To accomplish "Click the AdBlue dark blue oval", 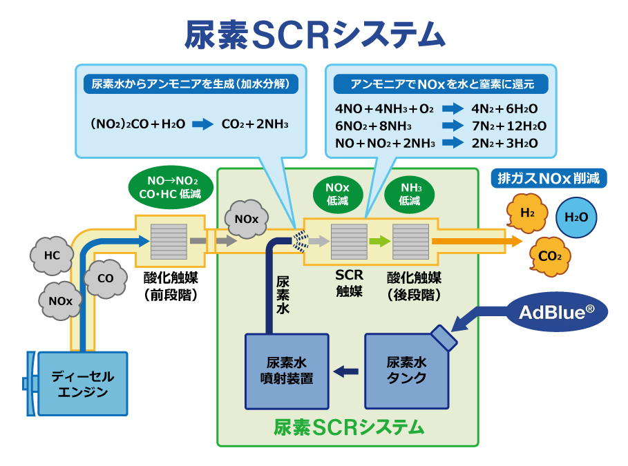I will coord(556,311).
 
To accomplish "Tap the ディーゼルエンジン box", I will coord(82,384).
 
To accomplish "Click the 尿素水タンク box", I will coord(406,371).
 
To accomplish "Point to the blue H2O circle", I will coord(576,217).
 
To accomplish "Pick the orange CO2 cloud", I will coord(549,257).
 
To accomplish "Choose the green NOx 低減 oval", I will coord(337,193).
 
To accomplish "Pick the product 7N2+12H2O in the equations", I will coord(508,126).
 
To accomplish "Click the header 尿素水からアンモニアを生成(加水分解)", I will coord(190,84).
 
